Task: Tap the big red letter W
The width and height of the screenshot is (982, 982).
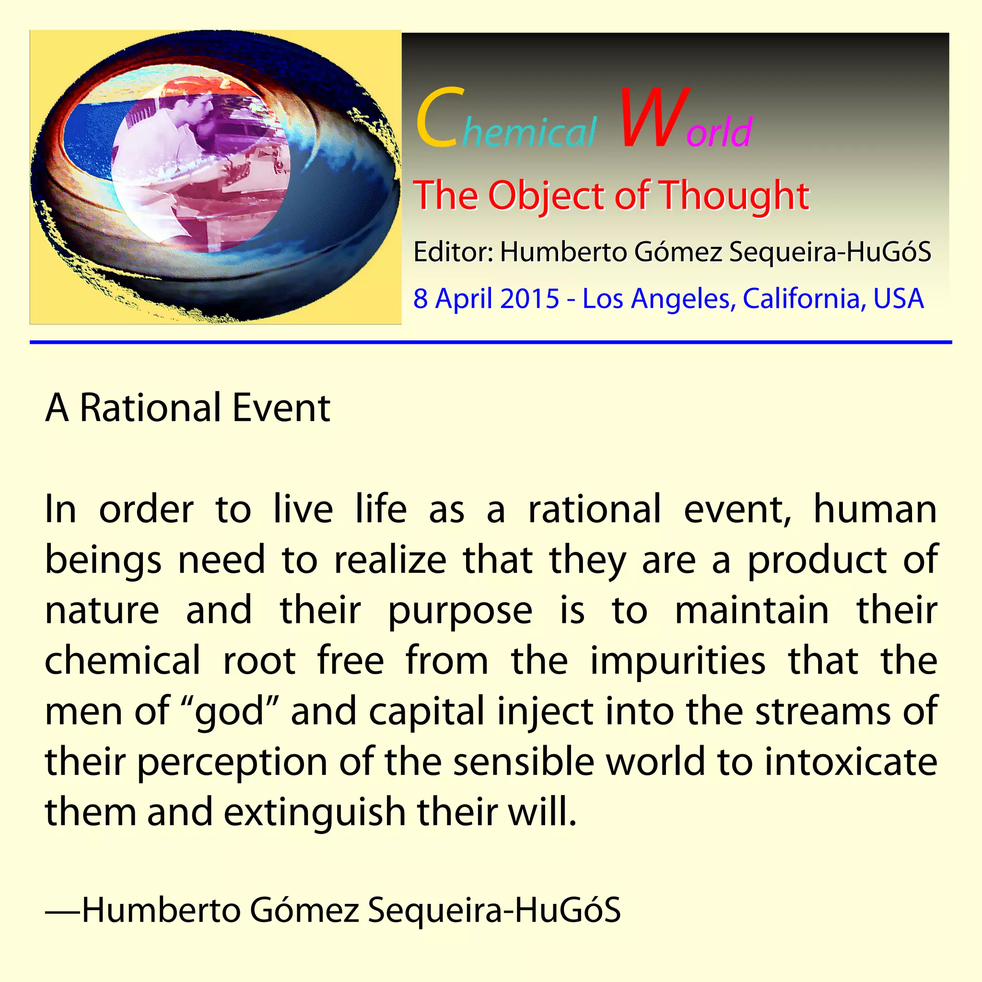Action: (x=655, y=118)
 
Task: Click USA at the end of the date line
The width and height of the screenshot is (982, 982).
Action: (x=898, y=298)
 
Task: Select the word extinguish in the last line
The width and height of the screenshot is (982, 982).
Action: (x=315, y=812)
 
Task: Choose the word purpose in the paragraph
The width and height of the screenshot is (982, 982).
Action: (x=460, y=611)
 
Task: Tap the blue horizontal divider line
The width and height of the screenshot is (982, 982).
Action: (x=491, y=342)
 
